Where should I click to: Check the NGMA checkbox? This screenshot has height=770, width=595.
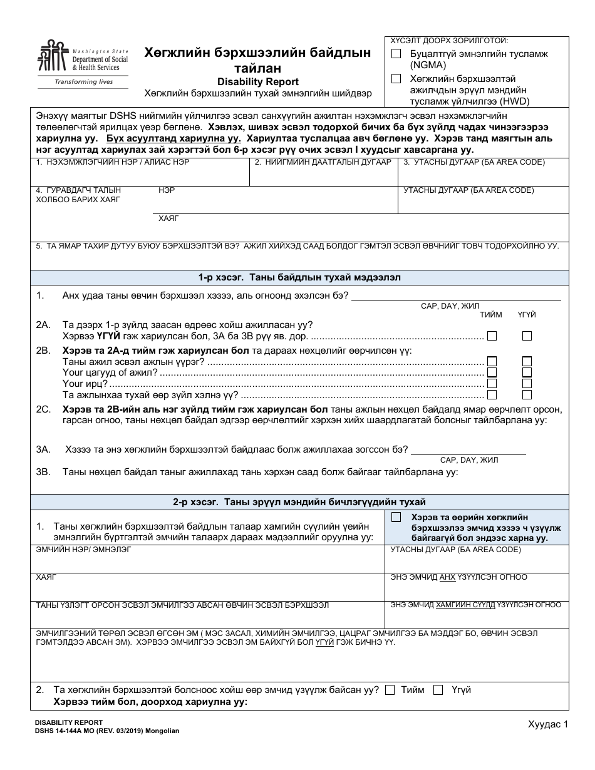(396, 54)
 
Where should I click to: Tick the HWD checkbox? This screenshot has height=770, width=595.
(396, 79)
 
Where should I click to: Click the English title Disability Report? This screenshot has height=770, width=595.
(257, 81)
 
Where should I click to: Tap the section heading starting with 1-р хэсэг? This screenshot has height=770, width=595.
(296, 277)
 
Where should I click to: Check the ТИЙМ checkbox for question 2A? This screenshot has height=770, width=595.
(492, 336)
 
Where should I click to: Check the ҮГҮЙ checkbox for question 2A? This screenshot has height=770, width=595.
(527, 336)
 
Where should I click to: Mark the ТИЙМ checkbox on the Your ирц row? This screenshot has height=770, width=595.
(492, 383)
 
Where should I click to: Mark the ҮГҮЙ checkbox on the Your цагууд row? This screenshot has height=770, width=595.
(527, 372)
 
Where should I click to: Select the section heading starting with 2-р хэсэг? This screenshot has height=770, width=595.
(296, 502)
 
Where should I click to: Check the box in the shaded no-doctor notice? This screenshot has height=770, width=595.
(396, 517)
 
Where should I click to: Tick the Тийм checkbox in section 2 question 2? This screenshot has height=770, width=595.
(390, 690)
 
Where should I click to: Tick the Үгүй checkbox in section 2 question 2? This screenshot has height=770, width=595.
(438, 690)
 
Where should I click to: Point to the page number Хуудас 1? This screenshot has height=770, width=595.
(547, 724)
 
